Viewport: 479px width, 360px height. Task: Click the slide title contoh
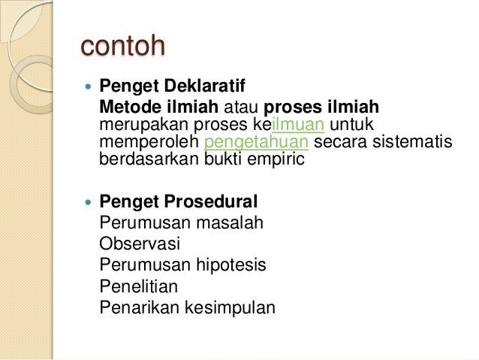point(122,46)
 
